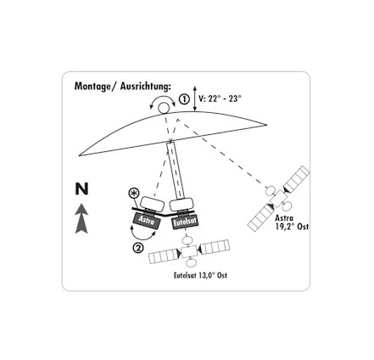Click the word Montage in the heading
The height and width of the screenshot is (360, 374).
(x=92, y=86)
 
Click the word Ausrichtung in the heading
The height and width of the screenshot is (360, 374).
(x=146, y=86)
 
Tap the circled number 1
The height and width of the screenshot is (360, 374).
(x=184, y=99)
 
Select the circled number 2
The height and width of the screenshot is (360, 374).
(x=138, y=248)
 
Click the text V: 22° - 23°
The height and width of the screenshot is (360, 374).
(x=220, y=98)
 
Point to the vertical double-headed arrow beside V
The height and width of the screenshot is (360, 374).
(x=194, y=98)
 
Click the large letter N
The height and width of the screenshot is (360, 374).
(x=81, y=188)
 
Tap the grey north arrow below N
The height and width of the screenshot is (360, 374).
(x=81, y=218)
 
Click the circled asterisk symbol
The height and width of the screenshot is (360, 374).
(x=134, y=194)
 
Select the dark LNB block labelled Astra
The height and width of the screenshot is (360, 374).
(x=147, y=220)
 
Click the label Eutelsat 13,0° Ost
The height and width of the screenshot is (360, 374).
(x=200, y=275)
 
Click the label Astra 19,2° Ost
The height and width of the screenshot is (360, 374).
(x=292, y=222)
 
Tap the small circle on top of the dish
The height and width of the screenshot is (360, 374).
(x=164, y=108)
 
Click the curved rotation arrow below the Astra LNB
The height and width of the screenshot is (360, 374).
(x=142, y=235)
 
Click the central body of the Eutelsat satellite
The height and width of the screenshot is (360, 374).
(x=189, y=251)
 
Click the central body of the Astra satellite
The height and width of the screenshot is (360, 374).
(x=279, y=198)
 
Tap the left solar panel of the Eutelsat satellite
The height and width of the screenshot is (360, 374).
(x=165, y=256)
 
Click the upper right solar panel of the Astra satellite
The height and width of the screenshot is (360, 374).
(x=297, y=178)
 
